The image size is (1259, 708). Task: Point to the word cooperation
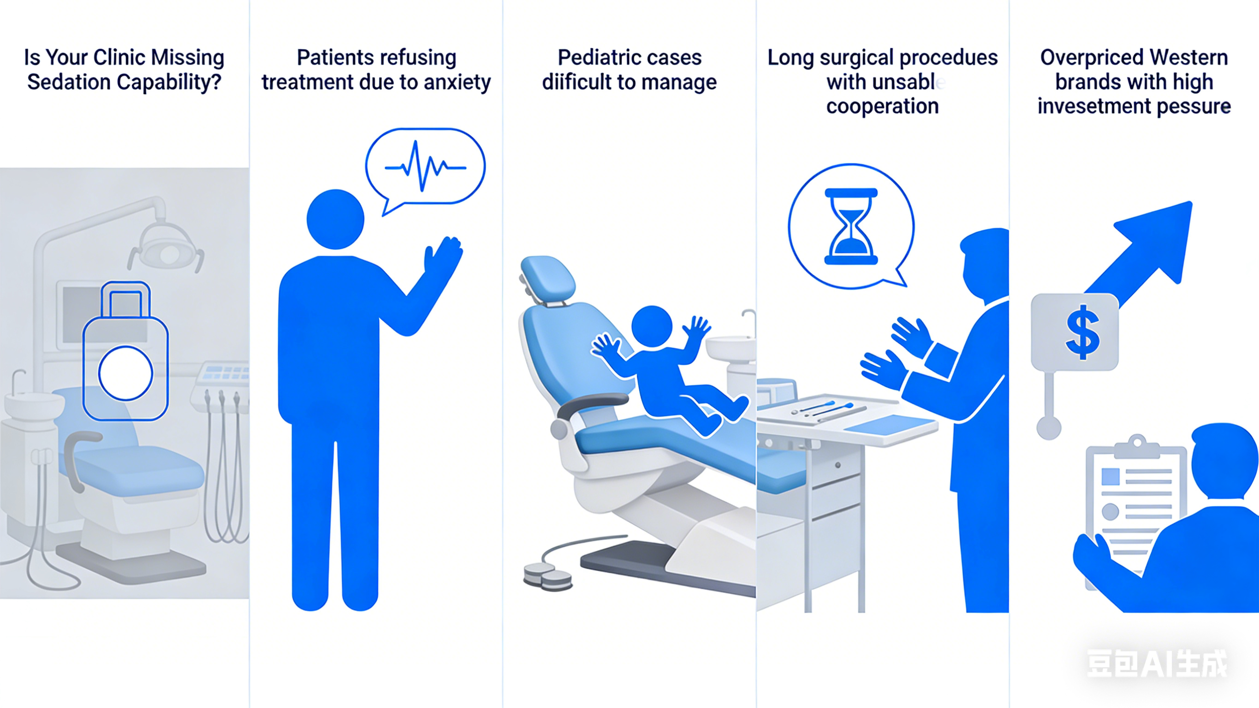tap(882, 107)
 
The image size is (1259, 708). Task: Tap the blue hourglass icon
tap(851, 226)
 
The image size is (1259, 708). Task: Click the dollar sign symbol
tap(1082, 333)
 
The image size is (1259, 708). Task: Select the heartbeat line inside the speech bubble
tap(425, 166)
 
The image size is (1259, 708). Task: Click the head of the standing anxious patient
tap(335, 220)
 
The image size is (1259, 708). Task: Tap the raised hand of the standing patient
tap(443, 257)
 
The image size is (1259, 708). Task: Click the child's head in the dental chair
tap(652, 327)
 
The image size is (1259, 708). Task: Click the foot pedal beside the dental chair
tap(547, 576)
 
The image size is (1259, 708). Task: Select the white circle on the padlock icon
tap(125, 373)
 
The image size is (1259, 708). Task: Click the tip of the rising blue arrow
tap(1191, 202)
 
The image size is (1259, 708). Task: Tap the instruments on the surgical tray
tap(826, 410)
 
